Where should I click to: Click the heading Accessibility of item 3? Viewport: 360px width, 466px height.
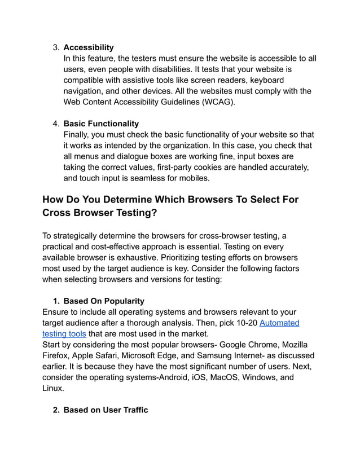[x=88, y=47]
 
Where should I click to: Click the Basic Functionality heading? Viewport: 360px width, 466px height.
[x=101, y=124]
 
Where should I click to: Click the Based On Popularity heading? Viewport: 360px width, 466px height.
[x=104, y=301]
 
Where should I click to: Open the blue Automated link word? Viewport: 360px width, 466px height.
[x=279, y=323]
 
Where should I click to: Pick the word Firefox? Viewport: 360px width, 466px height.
[x=58, y=355]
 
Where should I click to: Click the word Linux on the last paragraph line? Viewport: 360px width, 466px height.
[x=53, y=388]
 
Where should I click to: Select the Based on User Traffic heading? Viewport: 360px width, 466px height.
[x=106, y=410]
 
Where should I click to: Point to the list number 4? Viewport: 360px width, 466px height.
[x=56, y=124]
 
